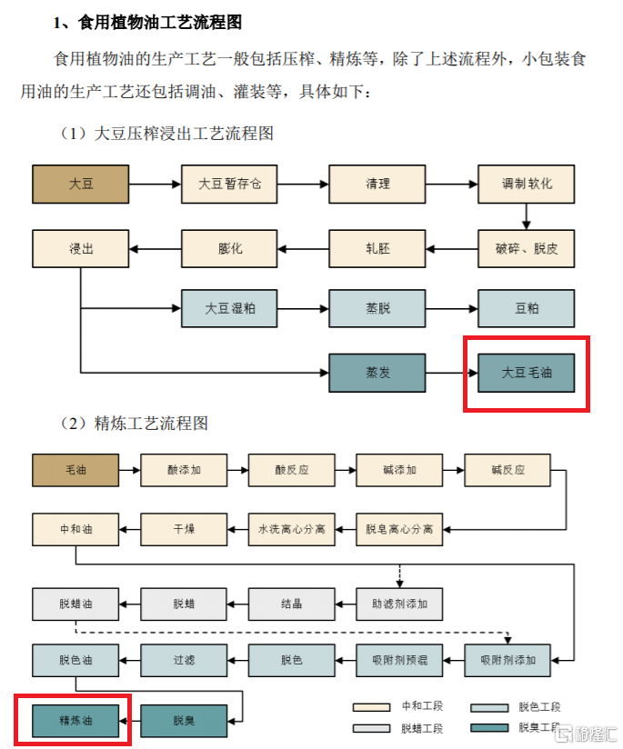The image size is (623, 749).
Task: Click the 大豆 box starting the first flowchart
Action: tap(80, 185)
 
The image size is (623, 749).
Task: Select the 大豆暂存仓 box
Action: tap(229, 185)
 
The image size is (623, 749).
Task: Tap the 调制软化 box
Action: tap(526, 185)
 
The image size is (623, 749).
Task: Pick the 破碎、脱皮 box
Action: tap(526, 248)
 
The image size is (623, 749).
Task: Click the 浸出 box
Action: tap(80, 248)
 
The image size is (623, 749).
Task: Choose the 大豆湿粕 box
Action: tap(229, 308)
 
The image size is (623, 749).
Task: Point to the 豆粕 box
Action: tap(526, 308)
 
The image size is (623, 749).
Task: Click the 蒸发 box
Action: tap(377, 373)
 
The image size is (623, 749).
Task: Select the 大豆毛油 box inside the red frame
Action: tap(526, 373)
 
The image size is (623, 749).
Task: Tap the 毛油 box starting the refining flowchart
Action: tap(75, 471)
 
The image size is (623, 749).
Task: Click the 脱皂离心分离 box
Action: tap(399, 529)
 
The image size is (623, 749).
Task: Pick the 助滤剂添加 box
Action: tap(399, 604)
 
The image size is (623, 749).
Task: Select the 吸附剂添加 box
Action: tap(507, 660)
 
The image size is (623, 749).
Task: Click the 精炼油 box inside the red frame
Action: tap(75, 720)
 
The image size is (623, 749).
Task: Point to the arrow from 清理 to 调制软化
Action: tap(451, 185)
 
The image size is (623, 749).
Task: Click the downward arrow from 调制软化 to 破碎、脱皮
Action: tap(526, 216)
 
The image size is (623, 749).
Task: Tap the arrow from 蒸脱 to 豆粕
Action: tap(451, 308)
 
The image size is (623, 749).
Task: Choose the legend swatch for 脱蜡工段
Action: tap(371, 728)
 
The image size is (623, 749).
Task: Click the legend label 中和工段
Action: tap(422, 706)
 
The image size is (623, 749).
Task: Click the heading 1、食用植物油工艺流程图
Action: tap(147, 23)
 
